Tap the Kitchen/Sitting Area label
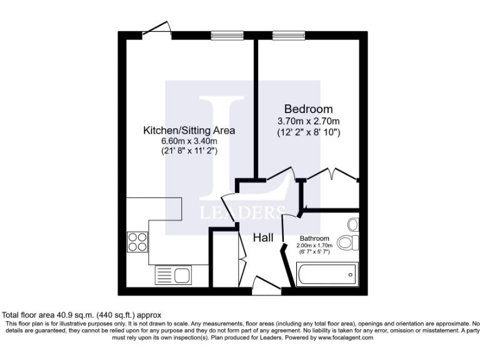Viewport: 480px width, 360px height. [x=189, y=131]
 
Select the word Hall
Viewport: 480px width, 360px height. [x=262, y=237]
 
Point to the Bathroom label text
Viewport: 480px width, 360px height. [x=314, y=239]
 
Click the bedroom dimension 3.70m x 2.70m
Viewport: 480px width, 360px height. [x=309, y=121]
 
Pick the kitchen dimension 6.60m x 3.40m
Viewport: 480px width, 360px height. [x=189, y=141]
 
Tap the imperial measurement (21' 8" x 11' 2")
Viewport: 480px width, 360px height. [x=189, y=151]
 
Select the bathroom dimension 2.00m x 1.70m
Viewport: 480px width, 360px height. [x=314, y=246]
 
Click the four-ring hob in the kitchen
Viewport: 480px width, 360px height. [x=137, y=241]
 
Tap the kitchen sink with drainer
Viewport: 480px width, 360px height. [x=174, y=274]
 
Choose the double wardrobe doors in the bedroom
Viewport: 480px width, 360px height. [x=331, y=175]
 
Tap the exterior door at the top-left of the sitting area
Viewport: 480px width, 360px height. [x=156, y=29]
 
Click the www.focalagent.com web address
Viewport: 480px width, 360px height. [x=337, y=337]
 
